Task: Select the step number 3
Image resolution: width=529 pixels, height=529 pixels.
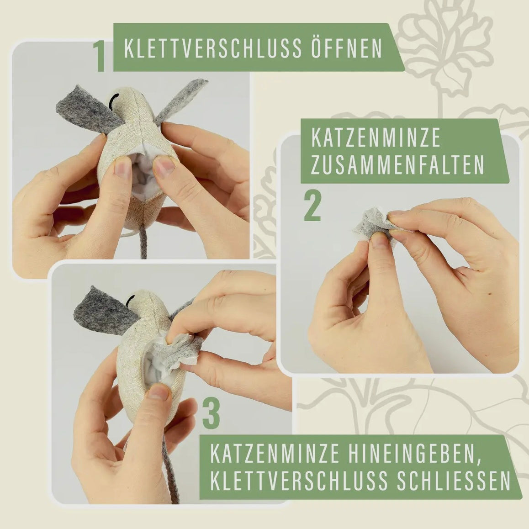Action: [x=211, y=414]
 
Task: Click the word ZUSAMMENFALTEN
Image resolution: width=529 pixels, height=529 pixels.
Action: [x=397, y=165]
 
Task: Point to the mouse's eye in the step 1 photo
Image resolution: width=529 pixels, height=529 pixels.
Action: [x=114, y=97]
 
